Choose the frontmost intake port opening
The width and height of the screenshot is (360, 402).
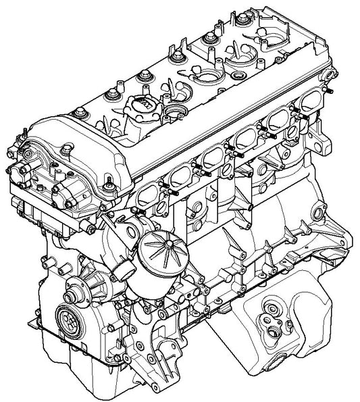[x=151, y=197]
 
